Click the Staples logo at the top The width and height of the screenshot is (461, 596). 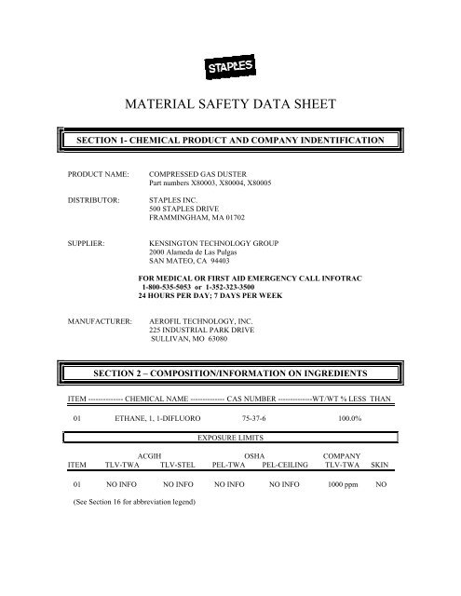tap(230, 67)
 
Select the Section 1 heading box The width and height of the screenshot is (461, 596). tap(229, 139)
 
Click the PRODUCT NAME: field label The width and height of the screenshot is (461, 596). tap(98, 174)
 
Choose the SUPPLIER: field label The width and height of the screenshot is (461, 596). tap(89, 243)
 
